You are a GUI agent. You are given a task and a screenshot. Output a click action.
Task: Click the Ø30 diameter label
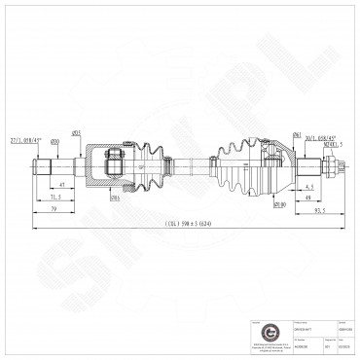click(x=54, y=143)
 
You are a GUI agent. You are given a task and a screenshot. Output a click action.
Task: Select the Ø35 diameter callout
click(x=75, y=132)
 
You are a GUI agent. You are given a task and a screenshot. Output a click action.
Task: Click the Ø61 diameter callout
click(x=270, y=133)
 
